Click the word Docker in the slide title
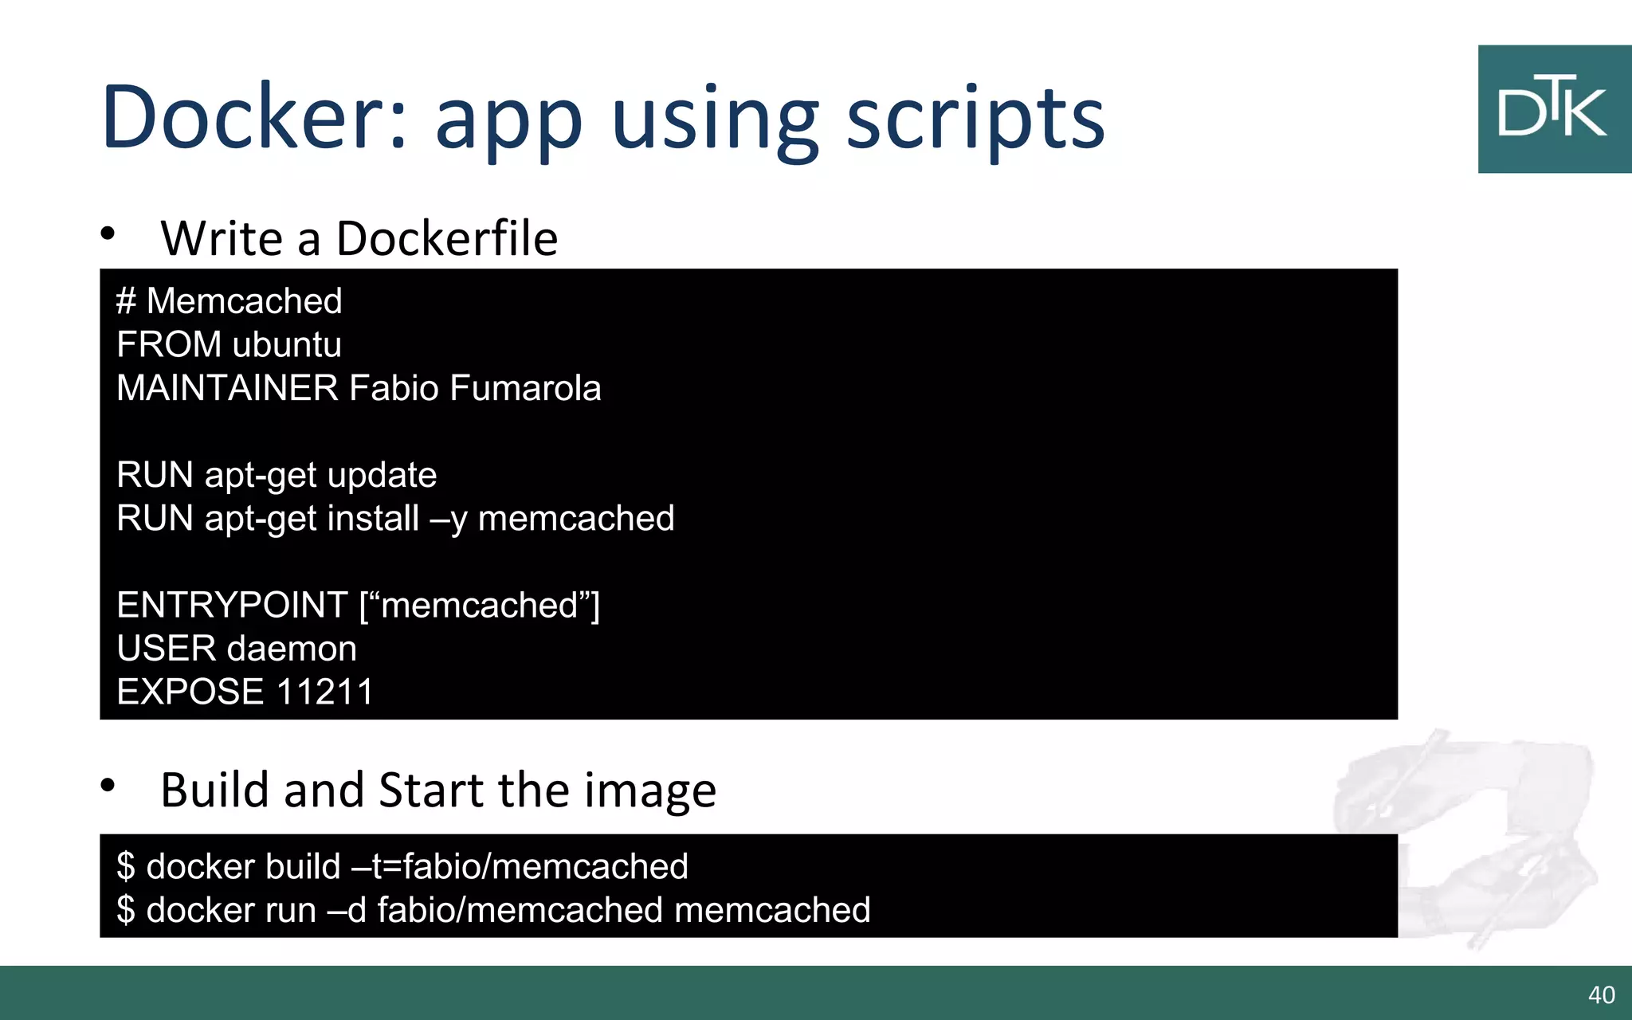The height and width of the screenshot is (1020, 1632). [x=254, y=117]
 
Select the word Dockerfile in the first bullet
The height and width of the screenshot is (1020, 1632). [x=446, y=238]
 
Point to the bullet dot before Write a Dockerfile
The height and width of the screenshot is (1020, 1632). [x=108, y=234]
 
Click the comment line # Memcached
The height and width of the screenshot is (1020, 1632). [x=229, y=301]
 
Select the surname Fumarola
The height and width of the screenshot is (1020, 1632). [x=525, y=388]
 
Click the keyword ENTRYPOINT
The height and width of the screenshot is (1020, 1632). [x=232, y=605]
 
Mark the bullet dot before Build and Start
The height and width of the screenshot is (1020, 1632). [x=108, y=786]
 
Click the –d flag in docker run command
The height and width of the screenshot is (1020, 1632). [x=347, y=910]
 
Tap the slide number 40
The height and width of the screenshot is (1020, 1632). [x=1601, y=994]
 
